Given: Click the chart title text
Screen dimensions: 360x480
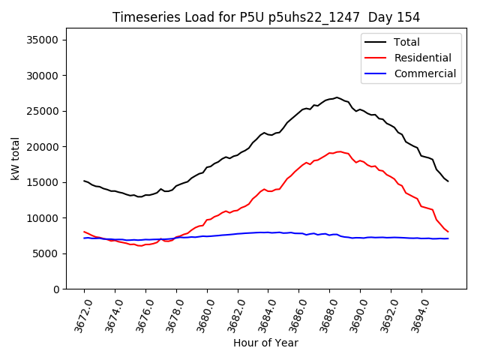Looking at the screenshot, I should [266, 17].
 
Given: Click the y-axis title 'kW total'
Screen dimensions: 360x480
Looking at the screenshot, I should [16, 158].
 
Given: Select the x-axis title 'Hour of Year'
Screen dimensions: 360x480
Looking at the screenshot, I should [265, 343].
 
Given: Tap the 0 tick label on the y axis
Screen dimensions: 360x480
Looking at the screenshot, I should [56, 289].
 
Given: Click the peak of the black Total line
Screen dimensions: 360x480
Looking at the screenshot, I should [337, 97].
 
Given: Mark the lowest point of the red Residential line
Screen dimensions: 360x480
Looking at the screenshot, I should [139, 246].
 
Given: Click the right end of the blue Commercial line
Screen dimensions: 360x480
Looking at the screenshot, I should [448, 238].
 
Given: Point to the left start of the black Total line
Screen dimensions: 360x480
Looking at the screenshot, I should [84, 181].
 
